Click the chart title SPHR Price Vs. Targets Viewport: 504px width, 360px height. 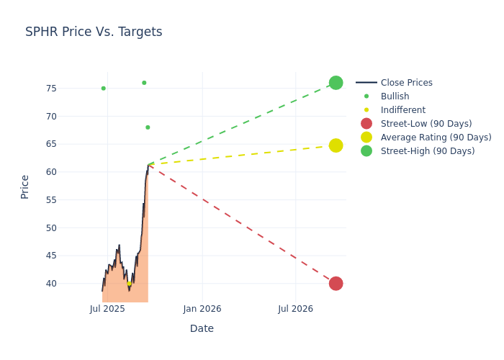click(94, 32)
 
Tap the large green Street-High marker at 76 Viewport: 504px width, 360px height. click(336, 83)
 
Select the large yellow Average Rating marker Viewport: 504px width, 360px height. click(336, 145)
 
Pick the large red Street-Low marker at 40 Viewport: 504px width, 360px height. click(336, 284)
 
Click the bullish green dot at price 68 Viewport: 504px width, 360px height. click(148, 127)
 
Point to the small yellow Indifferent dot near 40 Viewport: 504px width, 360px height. click(130, 284)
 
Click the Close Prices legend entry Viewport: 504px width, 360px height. click(406, 83)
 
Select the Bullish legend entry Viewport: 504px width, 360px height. click(395, 96)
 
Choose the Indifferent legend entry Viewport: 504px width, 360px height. click(402, 110)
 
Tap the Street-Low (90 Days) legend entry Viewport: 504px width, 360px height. click(426, 124)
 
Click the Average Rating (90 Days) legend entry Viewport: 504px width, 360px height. click(436, 138)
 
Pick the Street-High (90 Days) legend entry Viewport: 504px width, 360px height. click(427, 151)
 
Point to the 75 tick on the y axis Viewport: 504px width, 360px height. click(71, 89)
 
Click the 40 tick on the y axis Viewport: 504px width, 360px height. click(71, 284)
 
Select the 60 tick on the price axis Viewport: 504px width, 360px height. click(71, 172)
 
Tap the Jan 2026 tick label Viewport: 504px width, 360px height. click(202, 309)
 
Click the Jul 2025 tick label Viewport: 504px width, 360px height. click(107, 309)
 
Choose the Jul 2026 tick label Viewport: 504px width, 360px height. click(295, 309)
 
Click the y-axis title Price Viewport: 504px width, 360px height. click(25, 186)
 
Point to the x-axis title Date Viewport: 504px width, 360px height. click(202, 328)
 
